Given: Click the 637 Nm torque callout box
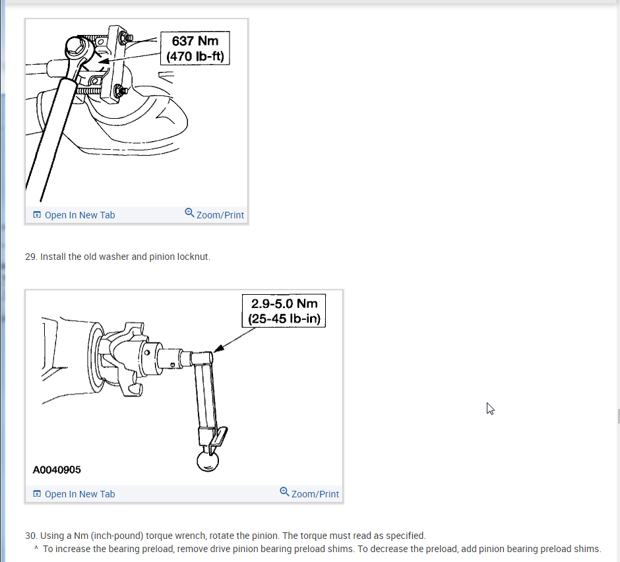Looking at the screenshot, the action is (x=195, y=48).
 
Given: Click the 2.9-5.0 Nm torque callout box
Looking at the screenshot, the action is (x=284, y=311).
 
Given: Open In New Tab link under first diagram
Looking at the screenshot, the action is (x=74, y=215).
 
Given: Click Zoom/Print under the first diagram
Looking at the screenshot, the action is (x=214, y=214).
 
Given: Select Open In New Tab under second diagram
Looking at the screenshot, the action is (x=74, y=494).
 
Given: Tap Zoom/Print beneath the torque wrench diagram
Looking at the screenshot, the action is (x=309, y=493).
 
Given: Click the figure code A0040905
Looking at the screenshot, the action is (x=57, y=470).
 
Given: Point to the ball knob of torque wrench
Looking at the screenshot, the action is (x=208, y=461).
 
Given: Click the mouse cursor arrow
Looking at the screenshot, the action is (x=490, y=408).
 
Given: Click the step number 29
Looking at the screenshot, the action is (x=31, y=257).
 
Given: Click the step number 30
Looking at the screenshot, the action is (x=31, y=536).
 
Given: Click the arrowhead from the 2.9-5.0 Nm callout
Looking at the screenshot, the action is (x=219, y=348).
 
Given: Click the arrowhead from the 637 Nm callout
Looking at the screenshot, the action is (x=104, y=61).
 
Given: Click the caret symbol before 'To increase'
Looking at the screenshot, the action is (x=36, y=548).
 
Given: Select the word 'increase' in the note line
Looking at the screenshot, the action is (x=73, y=549).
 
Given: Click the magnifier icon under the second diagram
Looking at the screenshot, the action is (x=284, y=491).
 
